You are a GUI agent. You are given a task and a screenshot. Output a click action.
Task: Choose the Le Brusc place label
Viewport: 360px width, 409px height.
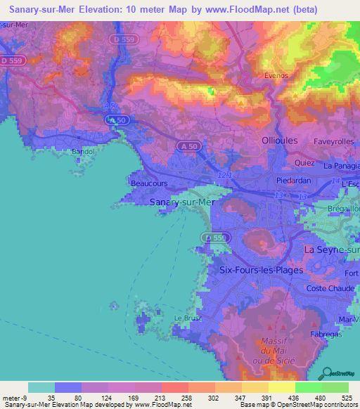coord(188,318)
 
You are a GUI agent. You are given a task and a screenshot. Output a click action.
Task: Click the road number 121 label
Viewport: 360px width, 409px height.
coord(224,174)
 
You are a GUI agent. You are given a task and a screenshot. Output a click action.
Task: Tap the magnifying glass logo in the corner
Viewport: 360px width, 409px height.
coord(324,372)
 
